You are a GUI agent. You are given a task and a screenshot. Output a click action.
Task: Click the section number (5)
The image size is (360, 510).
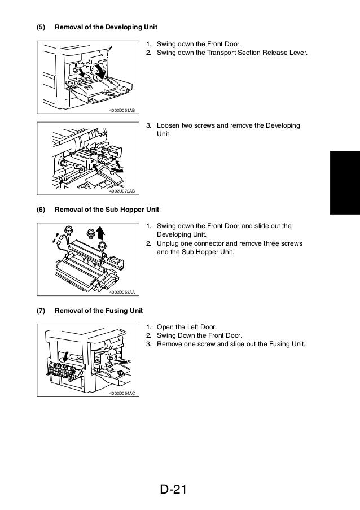click(x=41, y=27)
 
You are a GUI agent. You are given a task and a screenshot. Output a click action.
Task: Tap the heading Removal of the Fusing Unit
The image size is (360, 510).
click(x=99, y=311)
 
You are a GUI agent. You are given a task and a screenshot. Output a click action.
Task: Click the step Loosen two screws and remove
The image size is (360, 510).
click(x=228, y=125)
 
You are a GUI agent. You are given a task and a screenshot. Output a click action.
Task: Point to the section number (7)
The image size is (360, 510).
click(x=41, y=311)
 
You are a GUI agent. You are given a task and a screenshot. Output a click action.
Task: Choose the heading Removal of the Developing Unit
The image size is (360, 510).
click(x=106, y=27)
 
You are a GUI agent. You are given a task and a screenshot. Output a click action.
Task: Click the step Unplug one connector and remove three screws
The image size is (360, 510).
click(x=229, y=243)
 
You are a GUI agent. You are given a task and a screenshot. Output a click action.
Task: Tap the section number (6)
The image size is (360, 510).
click(x=41, y=210)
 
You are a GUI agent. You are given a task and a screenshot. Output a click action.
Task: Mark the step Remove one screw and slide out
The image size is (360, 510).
click(x=230, y=344)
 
